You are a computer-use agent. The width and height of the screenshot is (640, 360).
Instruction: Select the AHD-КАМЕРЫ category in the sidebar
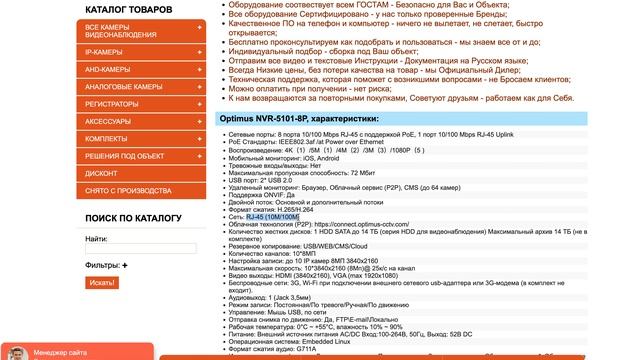click(106, 69)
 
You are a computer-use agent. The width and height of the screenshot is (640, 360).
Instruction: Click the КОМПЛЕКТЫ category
click(106, 138)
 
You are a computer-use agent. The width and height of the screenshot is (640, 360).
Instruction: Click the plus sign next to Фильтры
click(126, 265)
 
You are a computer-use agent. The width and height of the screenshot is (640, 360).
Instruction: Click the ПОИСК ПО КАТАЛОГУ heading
click(133, 218)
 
